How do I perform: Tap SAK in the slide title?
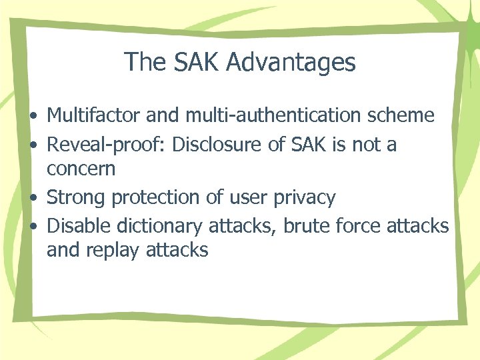[x=199, y=63]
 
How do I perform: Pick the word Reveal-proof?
[x=106, y=144]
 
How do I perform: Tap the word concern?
[x=81, y=169]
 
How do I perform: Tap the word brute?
[x=305, y=227]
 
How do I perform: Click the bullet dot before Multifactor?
[x=33, y=117]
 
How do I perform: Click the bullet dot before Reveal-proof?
[x=33, y=145]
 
